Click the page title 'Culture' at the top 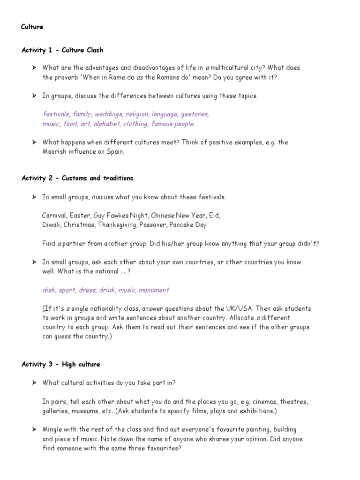32,27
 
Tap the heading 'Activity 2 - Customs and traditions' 77,178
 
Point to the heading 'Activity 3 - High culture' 60,364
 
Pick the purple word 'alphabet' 107,124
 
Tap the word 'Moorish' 55,152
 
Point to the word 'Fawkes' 121,216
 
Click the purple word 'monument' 154,290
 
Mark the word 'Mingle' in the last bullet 52,429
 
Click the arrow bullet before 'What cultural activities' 34,383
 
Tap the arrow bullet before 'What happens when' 34,142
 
